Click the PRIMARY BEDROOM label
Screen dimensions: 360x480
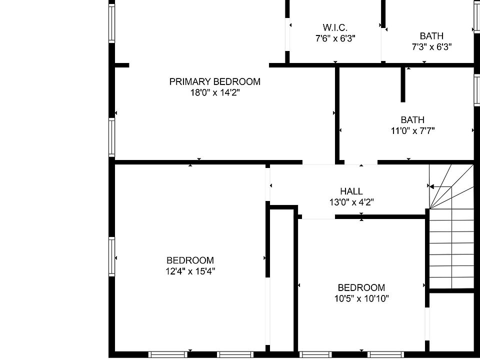pyautogui.click(x=214, y=81)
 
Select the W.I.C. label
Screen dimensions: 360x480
pyautogui.click(x=335, y=27)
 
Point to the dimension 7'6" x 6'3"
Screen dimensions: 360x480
pyautogui.click(x=335, y=38)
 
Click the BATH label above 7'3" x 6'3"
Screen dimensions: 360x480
pyautogui.click(x=431, y=36)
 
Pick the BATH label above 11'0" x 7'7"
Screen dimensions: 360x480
pyautogui.click(x=412, y=120)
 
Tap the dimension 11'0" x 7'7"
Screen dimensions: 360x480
pyautogui.click(x=412, y=131)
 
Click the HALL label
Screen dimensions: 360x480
pyautogui.click(x=351, y=191)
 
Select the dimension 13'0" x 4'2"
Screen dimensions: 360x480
pyautogui.click(x=351, y=202)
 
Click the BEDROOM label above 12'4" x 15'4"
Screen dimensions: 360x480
pyautogui.click(x=190, y=260)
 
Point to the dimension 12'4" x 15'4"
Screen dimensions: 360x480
pyautogui.click(x=190, y=271)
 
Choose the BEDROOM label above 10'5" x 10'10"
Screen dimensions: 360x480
pyautogui.click(x=361, y=288)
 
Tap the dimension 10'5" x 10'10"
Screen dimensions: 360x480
pyautogui.click(x=361, y=299)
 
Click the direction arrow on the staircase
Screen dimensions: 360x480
pyautogui.click(x=440, y=187)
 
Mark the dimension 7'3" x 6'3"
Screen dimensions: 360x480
pyautogui.click(x=431, y=47)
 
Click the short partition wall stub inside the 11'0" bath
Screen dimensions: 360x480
pyautogui.click(x=402, y=84)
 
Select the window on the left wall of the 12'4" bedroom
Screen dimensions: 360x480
pyautogui.click(x=111, y=257)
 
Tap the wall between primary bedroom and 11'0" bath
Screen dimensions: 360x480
pyautogui.click(x=337, y=112)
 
